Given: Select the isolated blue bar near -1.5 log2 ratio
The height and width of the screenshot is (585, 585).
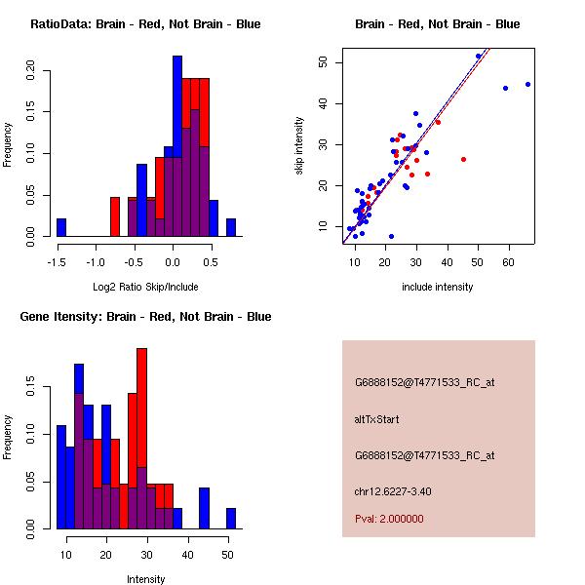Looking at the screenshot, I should pyautogui.click(x=61, y=227).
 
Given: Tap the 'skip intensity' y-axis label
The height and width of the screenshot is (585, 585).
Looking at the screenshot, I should pyautogui.click(x=299, y=146).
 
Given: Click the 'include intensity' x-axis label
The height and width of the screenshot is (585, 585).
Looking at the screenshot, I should pyautogui.click(x=437, y=288).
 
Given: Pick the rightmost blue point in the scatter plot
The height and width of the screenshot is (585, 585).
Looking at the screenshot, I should pyautogui.click(x=528, y=84).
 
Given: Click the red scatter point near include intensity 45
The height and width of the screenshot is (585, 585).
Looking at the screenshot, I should pyautogui.click(x=463, y=159).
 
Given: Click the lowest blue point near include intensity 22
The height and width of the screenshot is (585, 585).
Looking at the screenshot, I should pyautogui.click(x=391, y=236).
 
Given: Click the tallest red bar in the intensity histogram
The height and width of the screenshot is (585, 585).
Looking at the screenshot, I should pyautogui.click(x=142, y=439).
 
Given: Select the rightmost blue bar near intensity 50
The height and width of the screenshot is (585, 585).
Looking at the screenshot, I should pyautogui.click(x=231, y=519).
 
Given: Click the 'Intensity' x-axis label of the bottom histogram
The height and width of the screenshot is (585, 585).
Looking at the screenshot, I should pyautogui.click(x=146, y=580).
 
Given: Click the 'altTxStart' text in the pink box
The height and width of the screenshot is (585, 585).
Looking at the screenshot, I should pyautogui.click(x=376, y=420).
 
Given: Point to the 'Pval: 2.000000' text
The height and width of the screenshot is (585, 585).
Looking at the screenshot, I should pyautogui.click(x=389, y=519).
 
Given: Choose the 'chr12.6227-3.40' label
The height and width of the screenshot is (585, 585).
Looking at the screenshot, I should pyautogui.click(x=393, y=491).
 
